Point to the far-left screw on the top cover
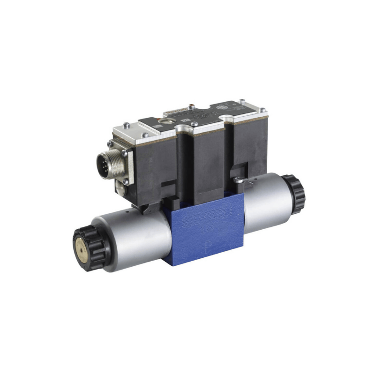click(x=126, y=125)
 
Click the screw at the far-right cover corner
click(x=263, y=110)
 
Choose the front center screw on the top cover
click(x=194, y=124)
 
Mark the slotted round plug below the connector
click(x=120, y=188)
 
